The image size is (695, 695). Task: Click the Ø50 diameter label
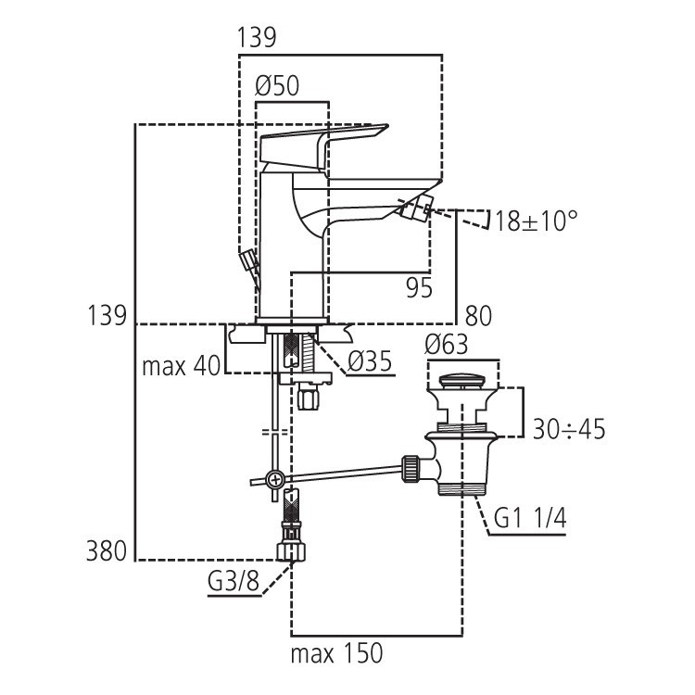[x=277, y=86]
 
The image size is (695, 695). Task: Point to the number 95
[x=420, y=288]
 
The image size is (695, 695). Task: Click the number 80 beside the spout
[x=478, y=316]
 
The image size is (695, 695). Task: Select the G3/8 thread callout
[x=234, y=585]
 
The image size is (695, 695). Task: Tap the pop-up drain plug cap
[x=462, y=380]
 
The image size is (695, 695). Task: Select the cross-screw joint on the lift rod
[x=273, y=480]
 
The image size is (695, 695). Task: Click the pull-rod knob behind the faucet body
[x=246, y=261]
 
